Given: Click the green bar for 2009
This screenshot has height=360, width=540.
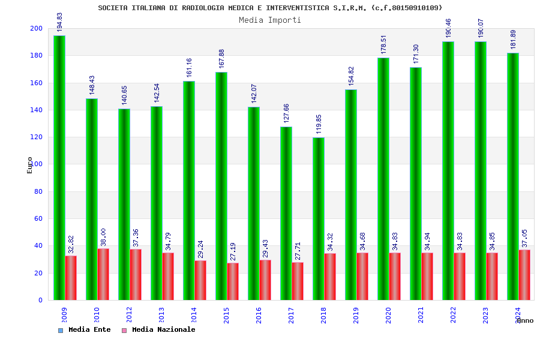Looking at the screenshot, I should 59,168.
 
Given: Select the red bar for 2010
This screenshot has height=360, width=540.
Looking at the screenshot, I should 103,274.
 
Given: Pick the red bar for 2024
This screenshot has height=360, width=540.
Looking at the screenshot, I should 524,275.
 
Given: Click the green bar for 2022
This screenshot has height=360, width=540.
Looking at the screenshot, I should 448,171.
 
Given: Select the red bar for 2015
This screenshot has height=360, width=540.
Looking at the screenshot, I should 233,281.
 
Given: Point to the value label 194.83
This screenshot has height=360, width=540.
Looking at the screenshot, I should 59,22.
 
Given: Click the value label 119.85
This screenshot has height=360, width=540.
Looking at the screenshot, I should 319,124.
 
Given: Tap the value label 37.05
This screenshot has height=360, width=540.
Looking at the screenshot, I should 525,238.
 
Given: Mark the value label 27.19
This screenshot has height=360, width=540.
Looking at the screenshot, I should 233,251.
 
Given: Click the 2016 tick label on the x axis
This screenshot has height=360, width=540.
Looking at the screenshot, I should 259,315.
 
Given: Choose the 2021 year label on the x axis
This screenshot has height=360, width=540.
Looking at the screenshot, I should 421,315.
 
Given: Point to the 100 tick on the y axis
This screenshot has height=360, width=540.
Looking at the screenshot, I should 37,164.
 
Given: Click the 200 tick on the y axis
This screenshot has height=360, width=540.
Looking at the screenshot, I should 37,29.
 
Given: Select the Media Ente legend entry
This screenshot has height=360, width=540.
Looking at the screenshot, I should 85,330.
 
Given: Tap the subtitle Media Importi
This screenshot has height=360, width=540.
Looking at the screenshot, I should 270,20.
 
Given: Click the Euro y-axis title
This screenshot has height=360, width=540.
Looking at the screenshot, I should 30,165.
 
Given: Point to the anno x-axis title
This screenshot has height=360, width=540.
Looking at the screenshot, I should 525,321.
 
